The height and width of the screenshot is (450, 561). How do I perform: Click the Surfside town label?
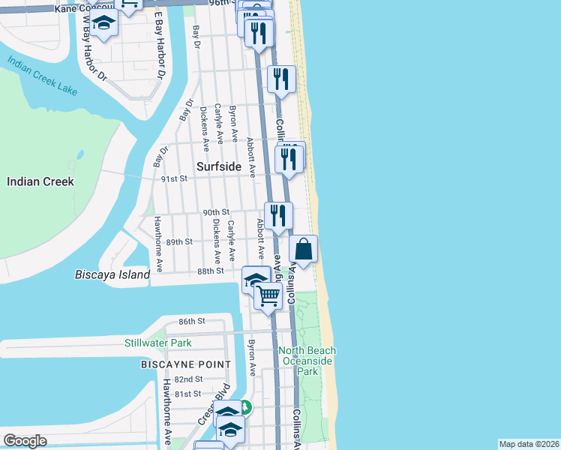coord(218,167)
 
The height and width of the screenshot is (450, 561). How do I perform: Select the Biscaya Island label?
coord(112,274)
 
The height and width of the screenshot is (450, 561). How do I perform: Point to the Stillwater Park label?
coord(158,343)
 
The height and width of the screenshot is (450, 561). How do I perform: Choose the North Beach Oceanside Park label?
coord(307,361)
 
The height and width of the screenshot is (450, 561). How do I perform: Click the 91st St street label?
coord(174,178)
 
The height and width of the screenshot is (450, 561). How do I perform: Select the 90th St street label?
coord(216,213)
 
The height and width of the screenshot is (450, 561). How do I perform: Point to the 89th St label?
coord(180,242)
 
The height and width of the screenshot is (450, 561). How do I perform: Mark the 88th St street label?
coord(211,271)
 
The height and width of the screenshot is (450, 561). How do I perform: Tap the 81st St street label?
coord(188,394)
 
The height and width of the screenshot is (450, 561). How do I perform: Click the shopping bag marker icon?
coord(304,248)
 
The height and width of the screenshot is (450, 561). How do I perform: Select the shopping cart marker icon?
coord(268,295)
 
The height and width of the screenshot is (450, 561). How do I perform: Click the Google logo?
coord(25,441)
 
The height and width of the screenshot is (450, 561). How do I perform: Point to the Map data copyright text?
coord(529,444)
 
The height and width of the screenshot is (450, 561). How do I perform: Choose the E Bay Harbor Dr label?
coord(159,45)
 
